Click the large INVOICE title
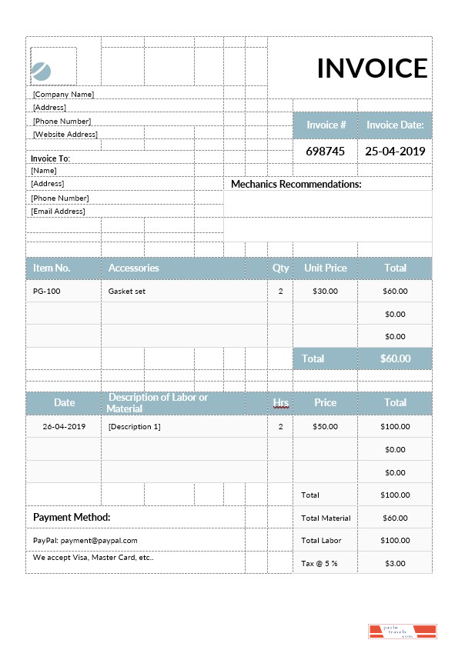click(x=372, y=68)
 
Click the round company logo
click(x=41, y=72)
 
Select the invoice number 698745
click(x=325, y=152)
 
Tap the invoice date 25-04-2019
click(x=395, y=152)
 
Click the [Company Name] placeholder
click(x=63, y=94)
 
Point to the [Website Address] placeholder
click(x=65, y=134)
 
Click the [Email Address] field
click(x=58, y=211)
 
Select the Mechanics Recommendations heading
click(x=296, y=185)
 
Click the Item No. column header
click(x=52, y=268)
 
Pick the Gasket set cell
click(x=127, y=292)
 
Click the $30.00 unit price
click(x=325, y=292)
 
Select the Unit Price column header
click(x=325, y=268)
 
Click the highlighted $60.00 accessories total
click(x=395, y=358)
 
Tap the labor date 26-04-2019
click(x=64, y=426)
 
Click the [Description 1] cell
click(x=135, y=426)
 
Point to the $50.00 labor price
click(x=325, y=426)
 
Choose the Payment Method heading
click(x=72, y=518)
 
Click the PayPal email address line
click(x=85, y=540)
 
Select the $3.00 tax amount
click(x=395, y=564)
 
